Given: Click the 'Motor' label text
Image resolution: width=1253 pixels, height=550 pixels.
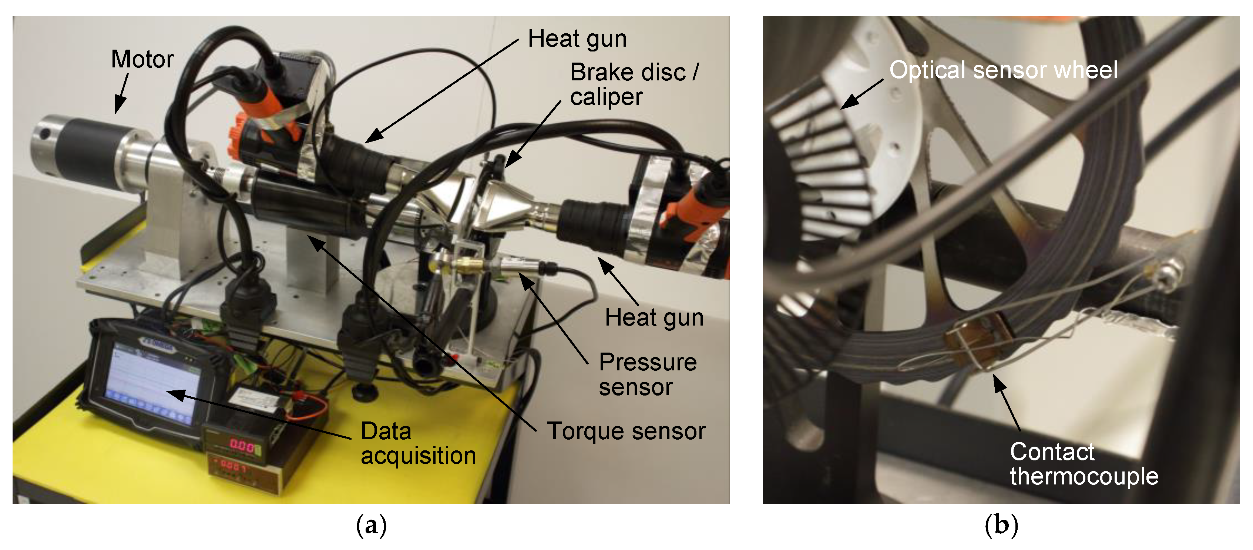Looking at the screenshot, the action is click(x=142, y=59).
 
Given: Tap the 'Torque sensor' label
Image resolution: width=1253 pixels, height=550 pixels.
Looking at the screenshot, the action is click(x=626, y=431).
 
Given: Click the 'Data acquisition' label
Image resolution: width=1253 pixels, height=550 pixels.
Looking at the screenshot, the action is click(x=418, y=443).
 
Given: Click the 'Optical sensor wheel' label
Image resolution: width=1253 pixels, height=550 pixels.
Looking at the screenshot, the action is click(x=1003, y=70).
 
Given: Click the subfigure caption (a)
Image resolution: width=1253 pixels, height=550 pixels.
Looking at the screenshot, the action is click(x=371, y=526).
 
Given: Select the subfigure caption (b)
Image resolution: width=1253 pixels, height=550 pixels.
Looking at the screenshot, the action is click(x=1001, y=526).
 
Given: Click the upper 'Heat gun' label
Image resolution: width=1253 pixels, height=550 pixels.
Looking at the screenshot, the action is click(x=577, y=39).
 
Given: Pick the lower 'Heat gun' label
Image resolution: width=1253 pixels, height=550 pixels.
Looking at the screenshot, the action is click(x=654, y=318).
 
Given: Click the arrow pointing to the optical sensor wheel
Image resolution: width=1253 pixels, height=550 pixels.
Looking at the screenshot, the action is click(x=861, y=94).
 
